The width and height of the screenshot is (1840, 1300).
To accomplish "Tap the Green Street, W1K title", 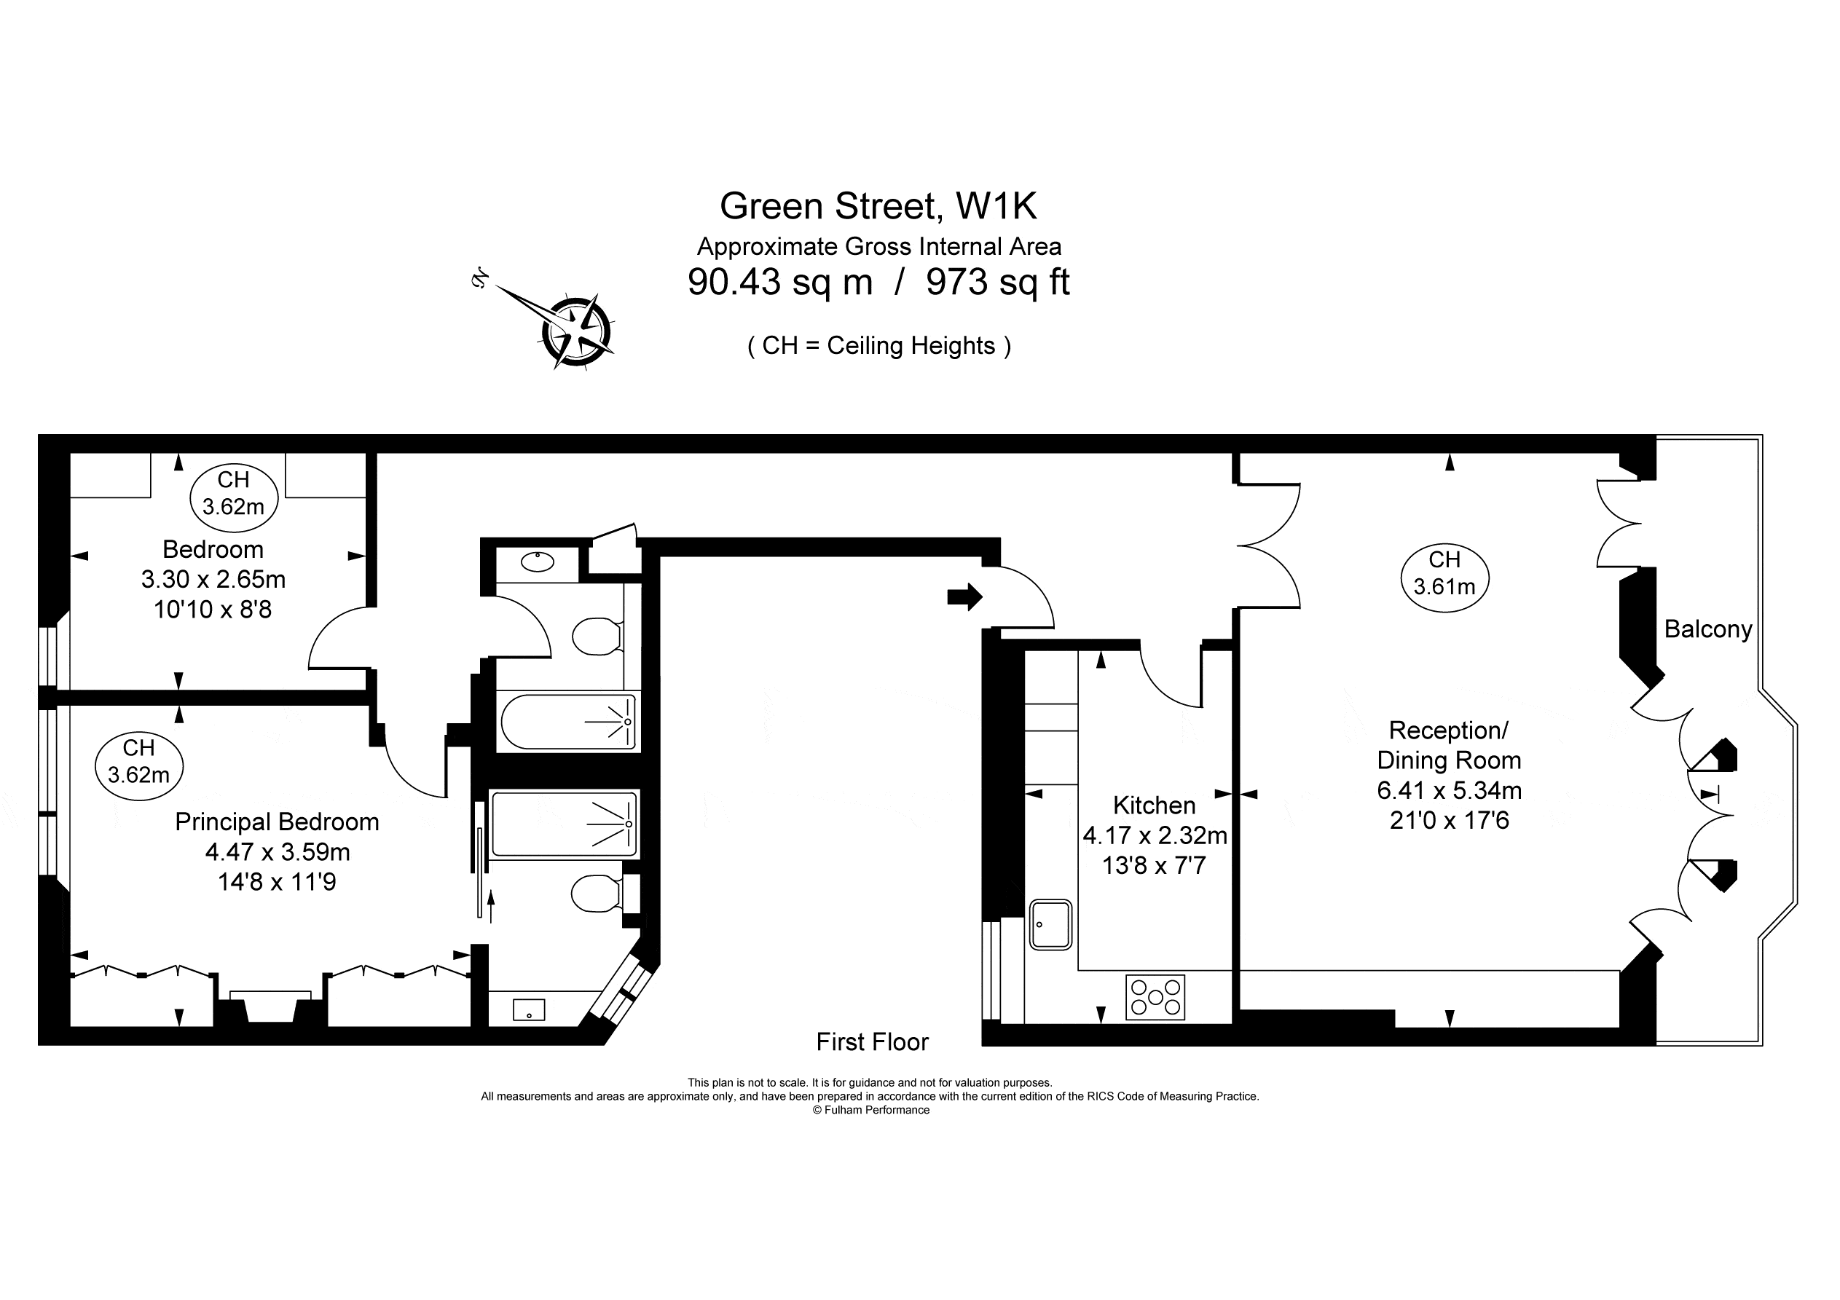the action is point(878,206).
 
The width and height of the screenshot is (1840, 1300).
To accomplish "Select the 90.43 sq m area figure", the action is point(779,282).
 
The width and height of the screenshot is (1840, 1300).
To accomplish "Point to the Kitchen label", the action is point(1154,805).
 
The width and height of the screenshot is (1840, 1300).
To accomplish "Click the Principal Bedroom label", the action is point(277,822).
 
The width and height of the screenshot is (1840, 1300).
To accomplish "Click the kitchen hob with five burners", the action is point(1155,997).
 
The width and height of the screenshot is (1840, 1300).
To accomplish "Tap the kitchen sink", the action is point(1050,925).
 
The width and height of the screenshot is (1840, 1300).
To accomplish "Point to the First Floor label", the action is point(872,1042).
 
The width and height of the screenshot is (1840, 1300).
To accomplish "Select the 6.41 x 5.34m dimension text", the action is point(1449,790).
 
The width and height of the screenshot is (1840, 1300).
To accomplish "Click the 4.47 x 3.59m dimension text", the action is point(278,852).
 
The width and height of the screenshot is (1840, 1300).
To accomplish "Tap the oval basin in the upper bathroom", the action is point(537,561).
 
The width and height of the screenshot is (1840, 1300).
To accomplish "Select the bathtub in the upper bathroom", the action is point(570,721).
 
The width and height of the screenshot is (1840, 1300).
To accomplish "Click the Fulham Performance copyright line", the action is point(871,1110).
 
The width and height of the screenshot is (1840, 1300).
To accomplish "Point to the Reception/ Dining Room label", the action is point(1448,745).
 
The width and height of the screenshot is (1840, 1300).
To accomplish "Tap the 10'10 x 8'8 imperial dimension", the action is point(213,610).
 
